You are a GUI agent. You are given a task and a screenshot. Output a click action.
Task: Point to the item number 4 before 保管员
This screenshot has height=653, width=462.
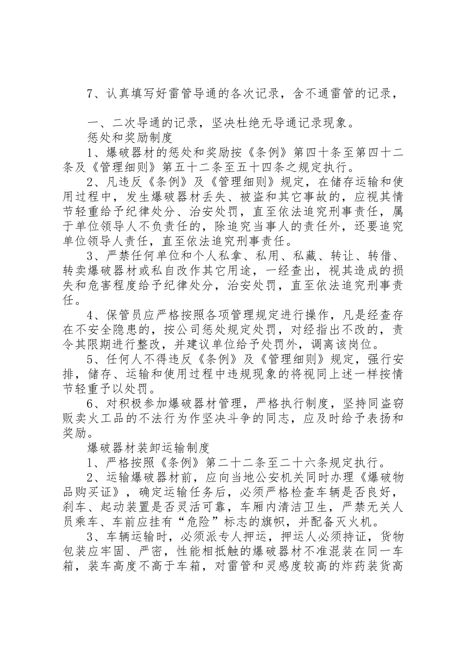[89, 314]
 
